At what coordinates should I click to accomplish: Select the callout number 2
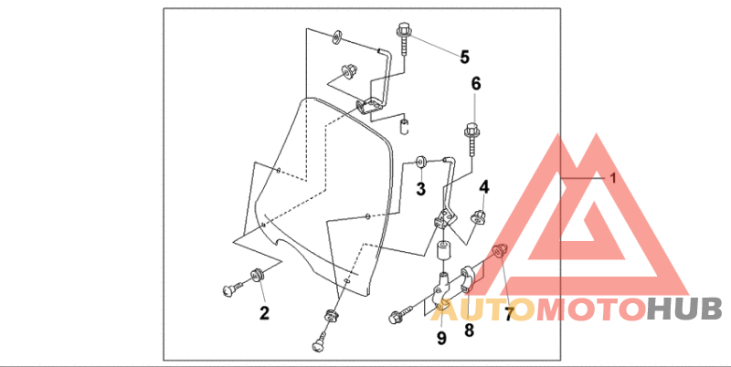tap(263, 314)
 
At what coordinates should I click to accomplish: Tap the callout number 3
tap(420, 189)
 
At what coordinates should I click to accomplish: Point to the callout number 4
tap(484, 188)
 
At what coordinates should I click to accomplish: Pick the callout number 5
tap(464, 58)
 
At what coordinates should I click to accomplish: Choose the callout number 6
tap(475, 84)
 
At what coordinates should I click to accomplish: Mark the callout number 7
tap(508, 314)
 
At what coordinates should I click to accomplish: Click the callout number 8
tap(469, 330)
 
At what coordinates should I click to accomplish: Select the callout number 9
tap(440, 339)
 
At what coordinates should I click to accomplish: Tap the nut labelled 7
tap(500, 251)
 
